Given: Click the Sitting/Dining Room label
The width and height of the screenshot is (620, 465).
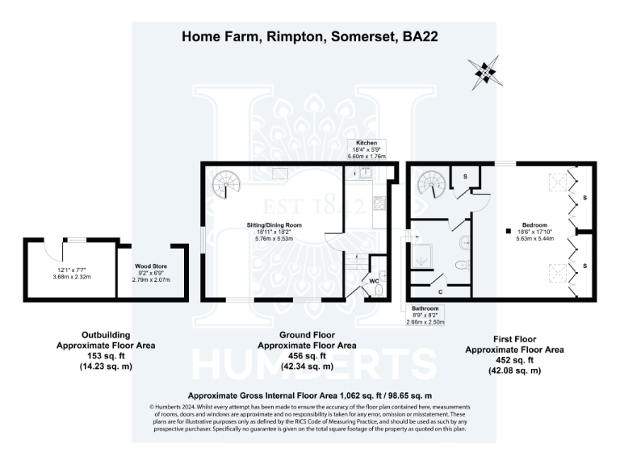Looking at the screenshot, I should click(274, 224).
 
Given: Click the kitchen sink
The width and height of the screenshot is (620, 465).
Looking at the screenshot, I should click(365, 171).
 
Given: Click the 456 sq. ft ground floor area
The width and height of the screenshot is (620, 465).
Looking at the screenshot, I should click(307, 355).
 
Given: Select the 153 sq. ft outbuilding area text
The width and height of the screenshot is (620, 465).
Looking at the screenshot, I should click(101, 355).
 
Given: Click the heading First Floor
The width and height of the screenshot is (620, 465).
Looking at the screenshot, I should click(515, 340).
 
